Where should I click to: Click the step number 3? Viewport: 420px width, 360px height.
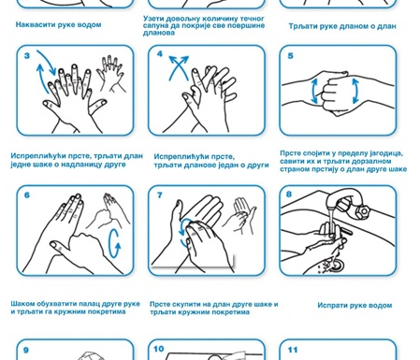(27, 56)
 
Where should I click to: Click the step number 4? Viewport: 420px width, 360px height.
(160, 54)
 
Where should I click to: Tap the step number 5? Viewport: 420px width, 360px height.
(290, 56)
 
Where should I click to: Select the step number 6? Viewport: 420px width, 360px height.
(27, 195)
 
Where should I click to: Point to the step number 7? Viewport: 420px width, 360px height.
(160, 195)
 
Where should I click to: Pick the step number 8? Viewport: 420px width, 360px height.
(289, 194)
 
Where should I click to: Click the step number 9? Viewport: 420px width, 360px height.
(26, 350)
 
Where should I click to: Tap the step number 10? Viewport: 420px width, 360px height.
(159, 349)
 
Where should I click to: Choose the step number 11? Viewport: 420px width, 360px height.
(293, 350)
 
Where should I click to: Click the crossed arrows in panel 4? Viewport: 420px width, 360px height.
(179, 67)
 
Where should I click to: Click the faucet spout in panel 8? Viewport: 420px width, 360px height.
(340, 198)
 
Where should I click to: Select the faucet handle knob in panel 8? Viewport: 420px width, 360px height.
(363, 211)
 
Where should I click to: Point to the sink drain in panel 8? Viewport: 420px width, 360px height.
(337, 266)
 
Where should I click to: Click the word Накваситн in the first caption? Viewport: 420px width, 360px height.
(36, 24)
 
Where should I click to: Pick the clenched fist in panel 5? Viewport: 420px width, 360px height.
(335, 94)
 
